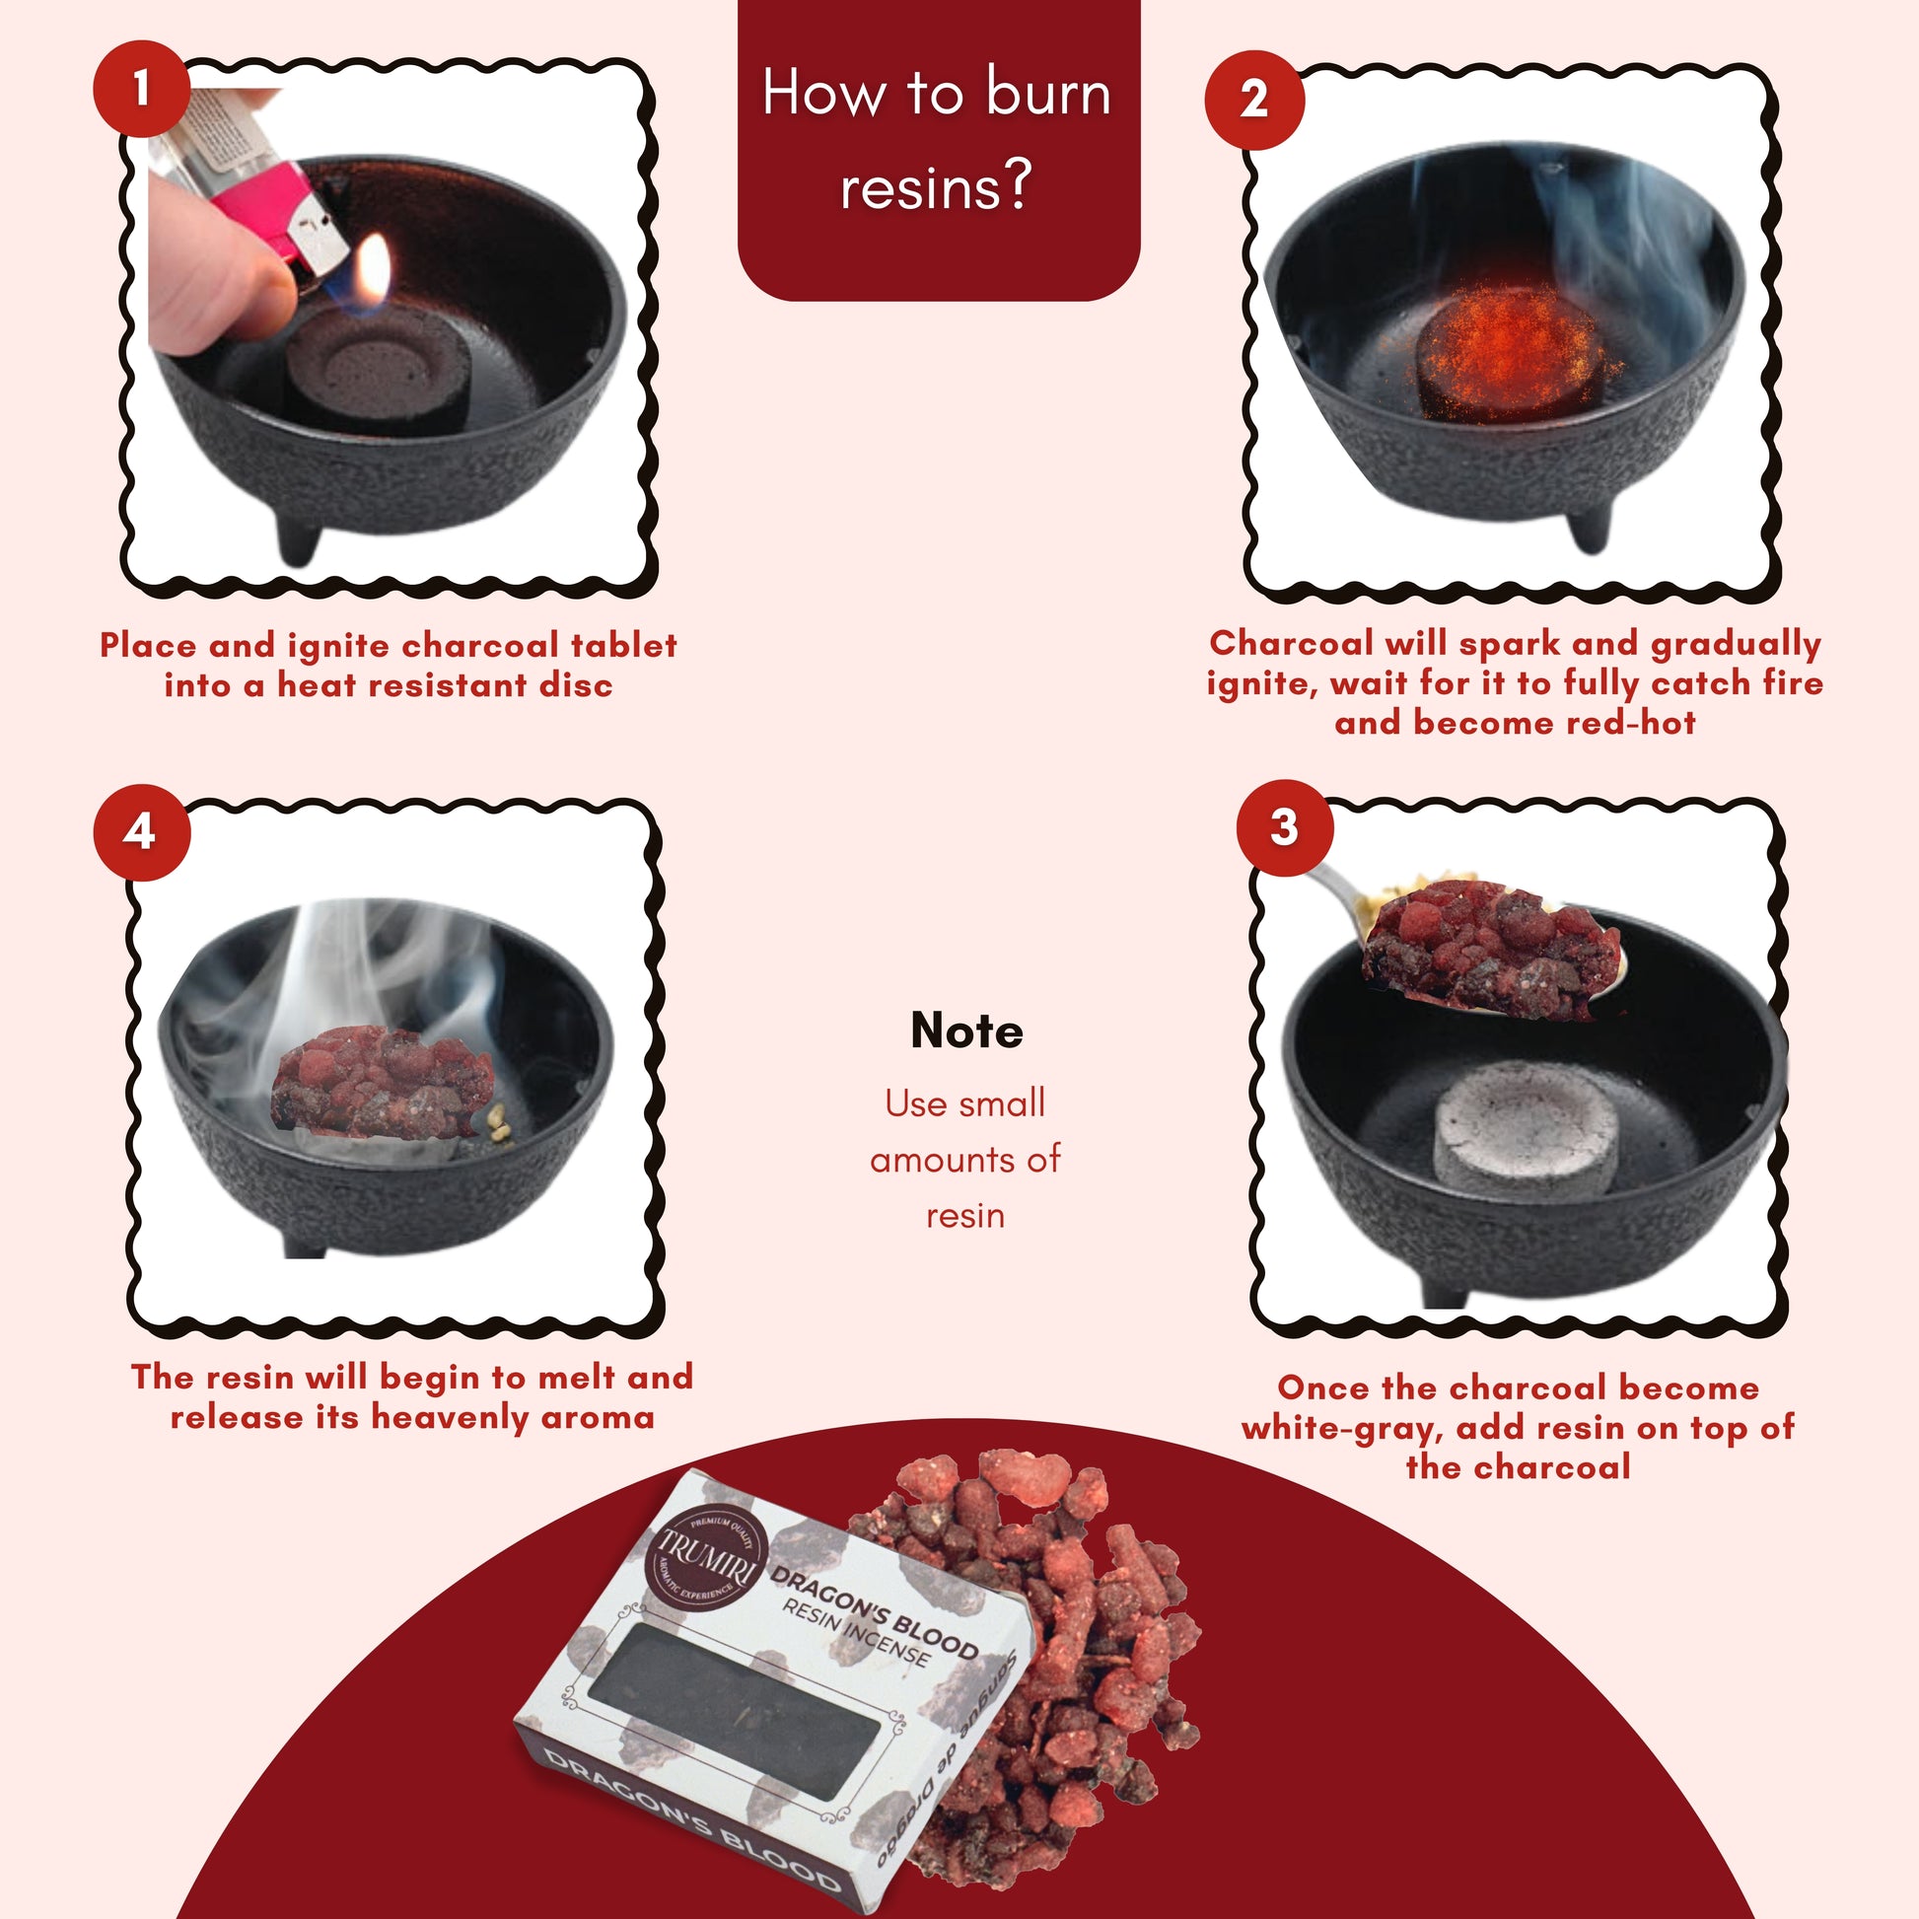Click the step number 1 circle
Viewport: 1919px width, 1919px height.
click(141, 88)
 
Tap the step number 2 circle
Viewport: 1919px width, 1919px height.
click(1253, 100)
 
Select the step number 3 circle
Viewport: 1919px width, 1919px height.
click(1284, 826)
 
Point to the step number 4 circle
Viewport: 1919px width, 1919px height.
click(141, 831)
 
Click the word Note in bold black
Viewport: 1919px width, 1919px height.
click(965, 1031)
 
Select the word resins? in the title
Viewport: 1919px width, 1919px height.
click(936, 185)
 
